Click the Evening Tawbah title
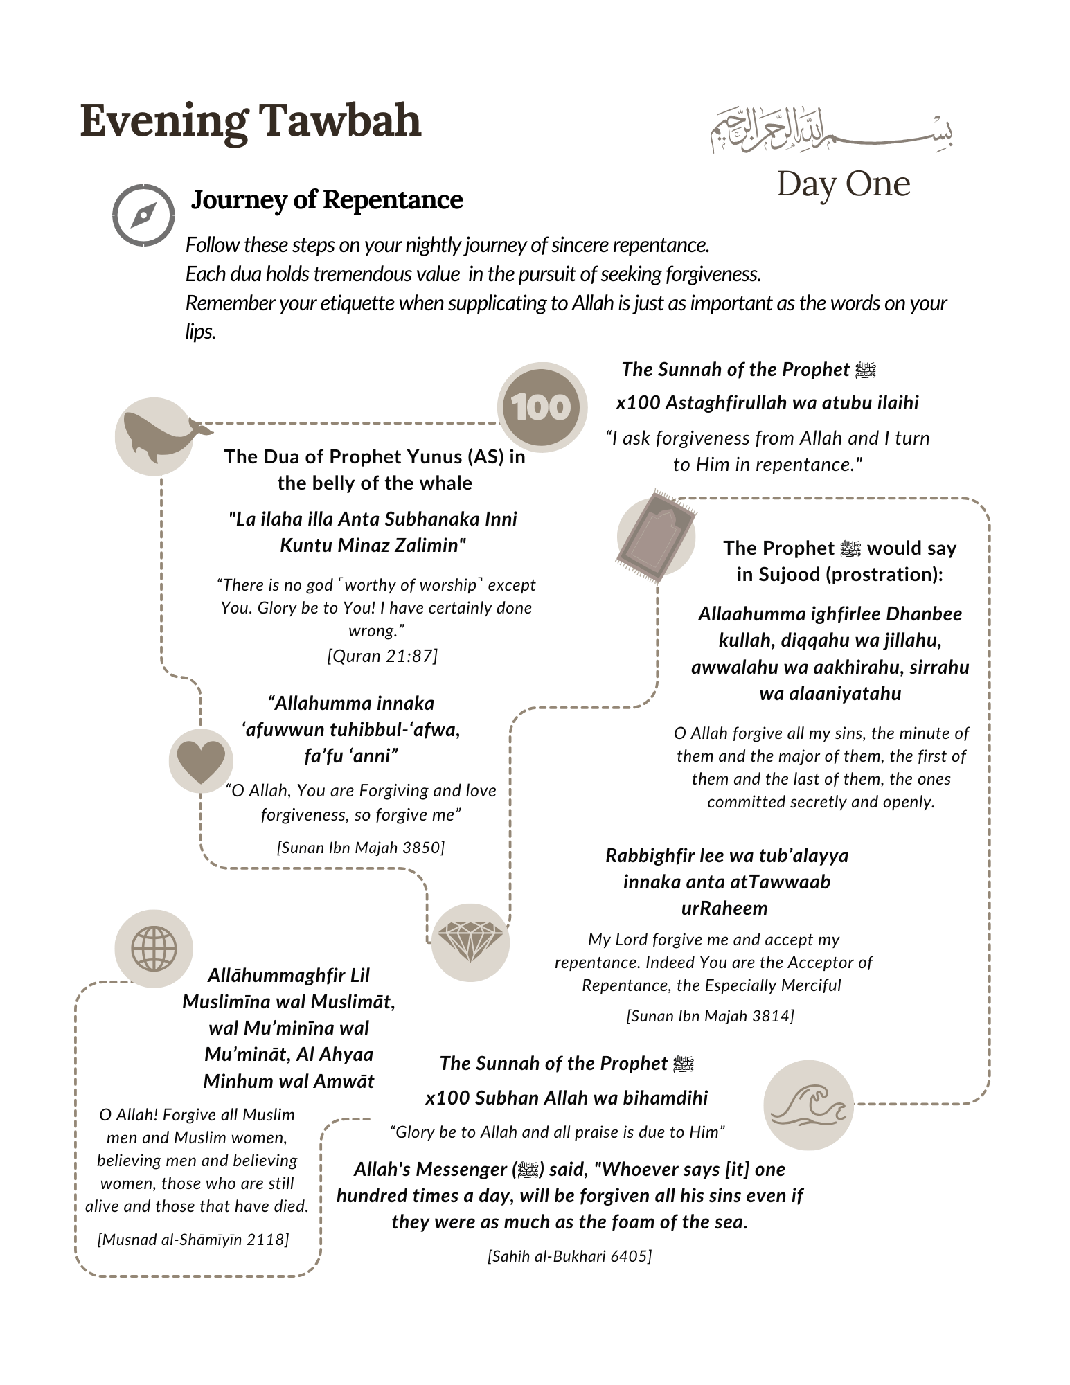251,121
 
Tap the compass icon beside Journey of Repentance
143,215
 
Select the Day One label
843,184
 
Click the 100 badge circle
542,407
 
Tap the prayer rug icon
655,535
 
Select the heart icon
201,760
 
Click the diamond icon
470,942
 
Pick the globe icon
154,948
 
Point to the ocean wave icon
808,1105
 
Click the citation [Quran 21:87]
382,656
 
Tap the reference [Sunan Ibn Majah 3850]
361,848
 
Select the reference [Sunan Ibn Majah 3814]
710,1016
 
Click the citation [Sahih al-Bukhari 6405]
569,1256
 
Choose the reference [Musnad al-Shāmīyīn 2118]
193,1240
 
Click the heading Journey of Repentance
327,200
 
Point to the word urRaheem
724,909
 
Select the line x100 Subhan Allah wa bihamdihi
567,1098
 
